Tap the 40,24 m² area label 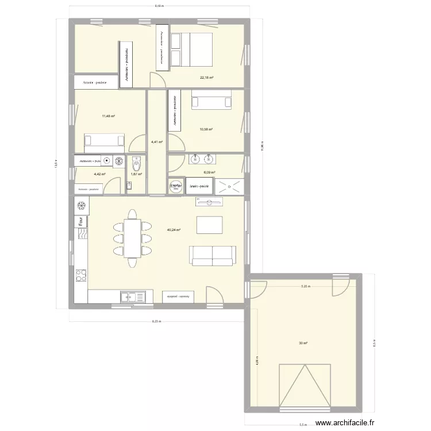pyautogui.click(x=174, y=230)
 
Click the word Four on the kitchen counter pyautogui.click(x=80, y=221)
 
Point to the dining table pyautogui.click(x=133, y=237)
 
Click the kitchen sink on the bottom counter pyautogui.click(x=133, y=297)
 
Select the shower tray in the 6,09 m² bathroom pyautogui.click(x=229, y=186)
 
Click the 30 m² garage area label pyautogui.click(x=303, y=343)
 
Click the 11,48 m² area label pyautogui.click(x=108, y=116)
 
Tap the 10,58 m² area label pyautogui.click(x=206, y=129)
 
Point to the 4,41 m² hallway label pyautogui.click(x=156, y=142)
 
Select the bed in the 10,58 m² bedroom pyautogui.click(x=211, y=102)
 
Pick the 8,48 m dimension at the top pyautogui.click(x=159, y=6)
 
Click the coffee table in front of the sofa pyautogui.click(x=209, y=224)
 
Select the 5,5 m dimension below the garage pyautogui.click(x=303, y=425)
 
